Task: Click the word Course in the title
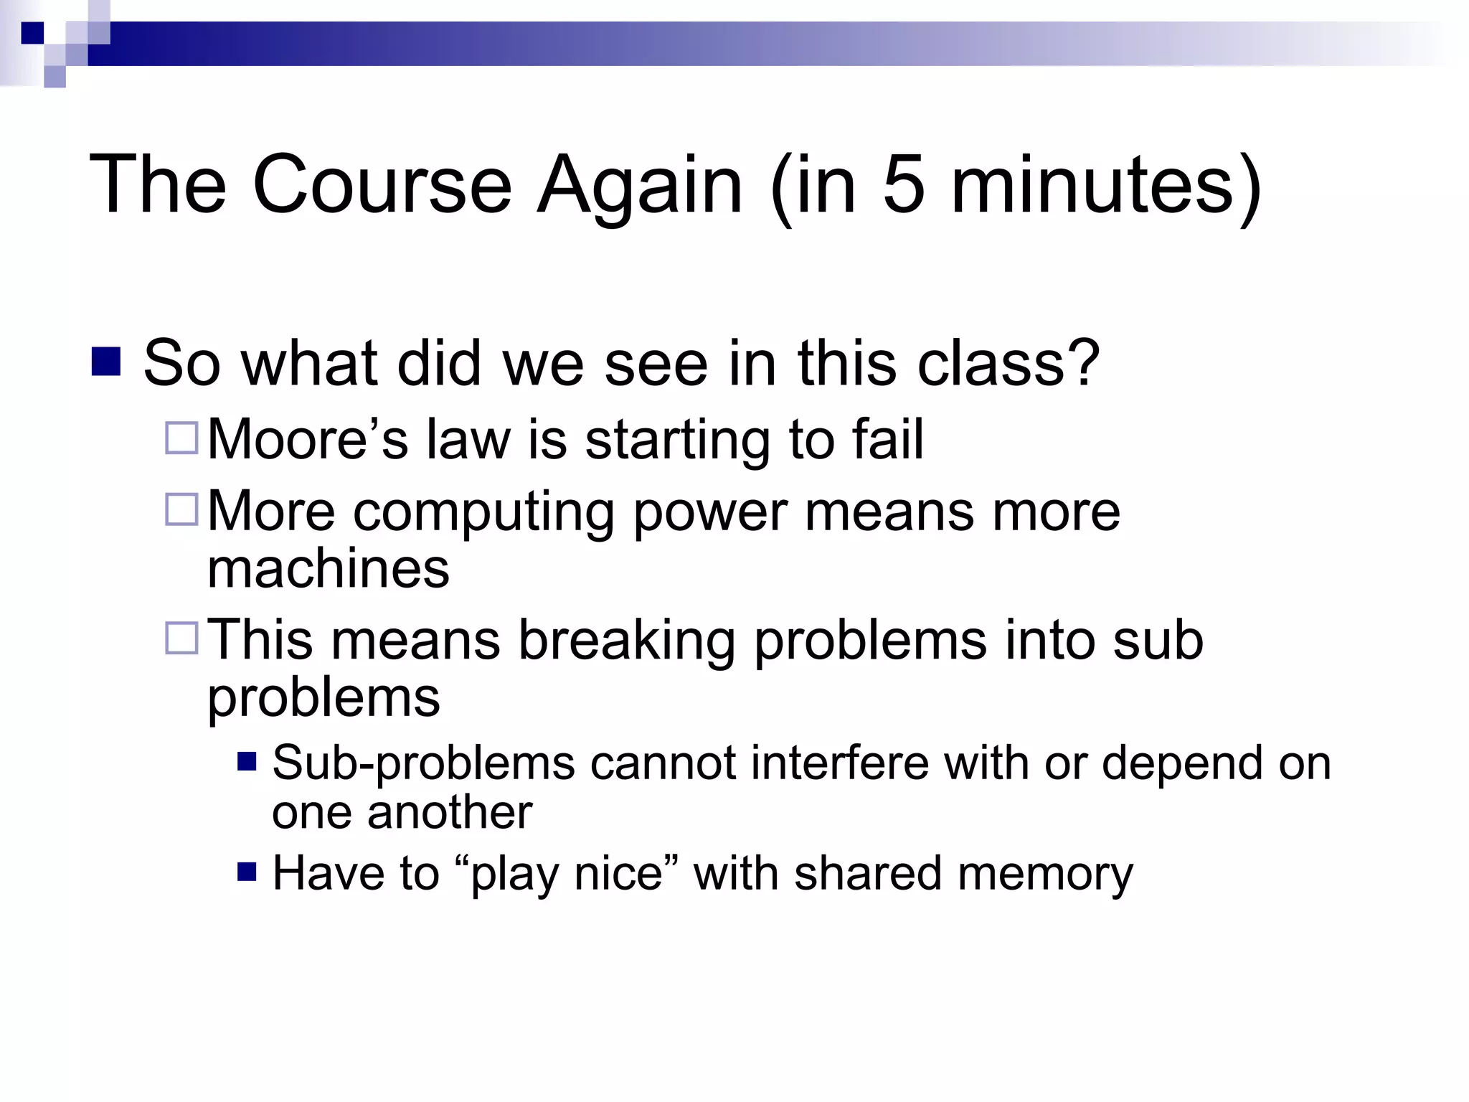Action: coord(382,184)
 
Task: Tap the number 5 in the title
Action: coord(903,184)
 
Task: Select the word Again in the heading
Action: coord(640,184)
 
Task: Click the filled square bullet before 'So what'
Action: coord(106,362)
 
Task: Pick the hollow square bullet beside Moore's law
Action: coord(181,438)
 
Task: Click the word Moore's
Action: coord(308,439)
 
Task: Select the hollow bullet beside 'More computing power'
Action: coord(181,510)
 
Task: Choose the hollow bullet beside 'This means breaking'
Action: coord(181,638)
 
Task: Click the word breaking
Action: coord(626,640)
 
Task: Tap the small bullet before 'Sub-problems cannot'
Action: coord(247,761)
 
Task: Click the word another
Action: coord(450,813)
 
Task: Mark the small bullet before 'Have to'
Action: coord(247,872)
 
